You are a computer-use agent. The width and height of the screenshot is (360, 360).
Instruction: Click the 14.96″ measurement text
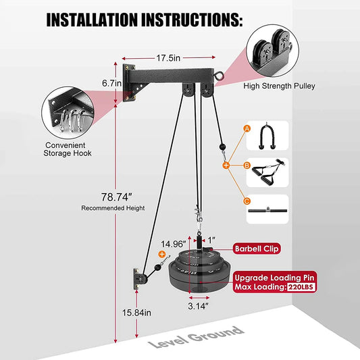[x=173, y=244]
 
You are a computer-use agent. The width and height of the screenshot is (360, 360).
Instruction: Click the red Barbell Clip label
[x=257, y=248]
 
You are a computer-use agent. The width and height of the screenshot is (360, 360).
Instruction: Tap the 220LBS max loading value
[x=300, y=287]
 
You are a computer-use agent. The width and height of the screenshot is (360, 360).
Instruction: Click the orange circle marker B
[x=228, y=164]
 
